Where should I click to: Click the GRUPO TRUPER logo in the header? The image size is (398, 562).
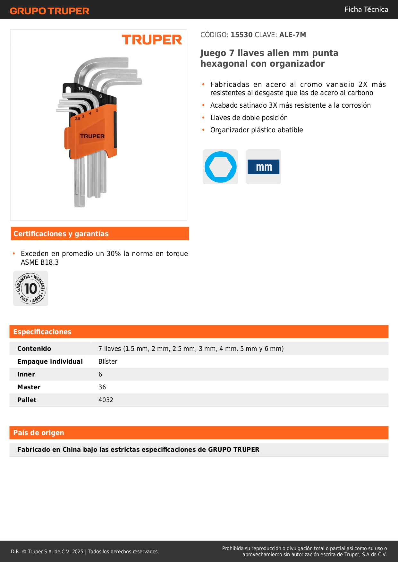tap(49, 11)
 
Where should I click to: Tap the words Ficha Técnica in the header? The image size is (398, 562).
tap(366, 9)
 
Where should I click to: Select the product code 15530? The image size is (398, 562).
tap(241, 35)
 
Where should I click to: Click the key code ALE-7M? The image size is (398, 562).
tap(292, 35)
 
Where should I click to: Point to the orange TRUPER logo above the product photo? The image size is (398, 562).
tap(152, 40)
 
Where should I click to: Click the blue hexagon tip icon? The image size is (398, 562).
tap(220, 167)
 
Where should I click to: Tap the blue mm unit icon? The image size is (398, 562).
tap(263, 167)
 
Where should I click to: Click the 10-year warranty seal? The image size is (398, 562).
tap(30, 288)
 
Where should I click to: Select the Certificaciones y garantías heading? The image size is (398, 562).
tap(61, 234)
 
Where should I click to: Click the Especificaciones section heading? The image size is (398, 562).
tap(42, 332)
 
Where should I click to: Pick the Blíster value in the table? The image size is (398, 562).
tap(108, 361)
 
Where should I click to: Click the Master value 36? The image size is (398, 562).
tap(102, 387)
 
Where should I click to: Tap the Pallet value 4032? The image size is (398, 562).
tap(106, 400)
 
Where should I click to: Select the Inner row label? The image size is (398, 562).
tap(26, 374)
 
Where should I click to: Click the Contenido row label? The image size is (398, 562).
tap(34, 349)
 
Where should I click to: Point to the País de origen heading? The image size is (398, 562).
tap(38, 433)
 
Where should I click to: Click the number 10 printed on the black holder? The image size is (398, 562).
tap(80, 89)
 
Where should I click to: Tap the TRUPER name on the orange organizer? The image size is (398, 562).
tap(92, 136)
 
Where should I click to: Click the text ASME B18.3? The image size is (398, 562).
tap(40, 262)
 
